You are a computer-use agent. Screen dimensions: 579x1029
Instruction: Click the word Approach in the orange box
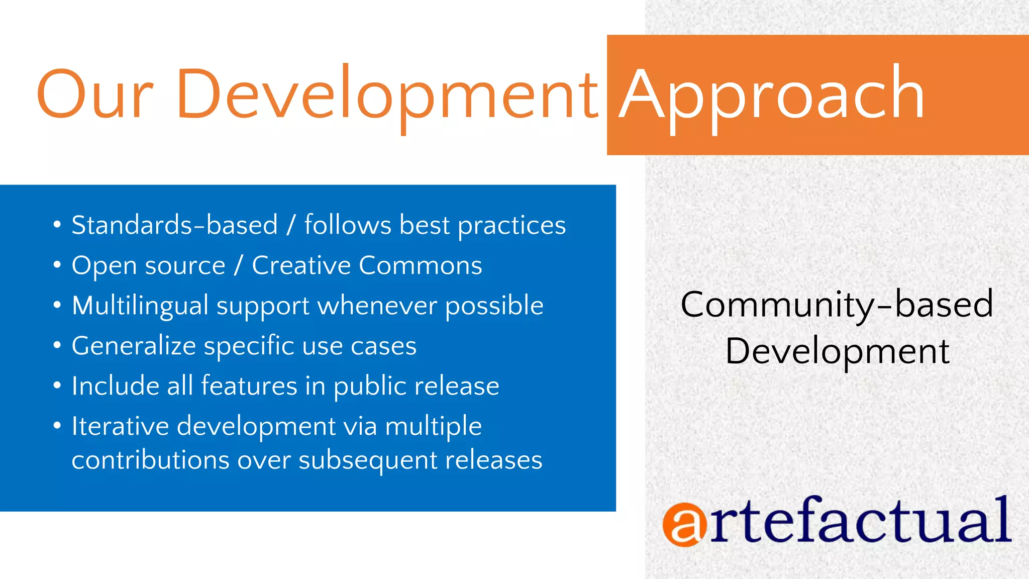(x=771, y=94)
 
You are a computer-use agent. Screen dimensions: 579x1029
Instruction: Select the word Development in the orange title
(x=387, y=94)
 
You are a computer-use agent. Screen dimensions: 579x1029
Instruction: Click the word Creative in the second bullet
(x=301, y=265)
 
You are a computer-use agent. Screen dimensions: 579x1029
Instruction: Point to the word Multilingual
(x=140, y=306)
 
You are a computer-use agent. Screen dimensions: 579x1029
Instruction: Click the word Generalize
(x=134, y=346)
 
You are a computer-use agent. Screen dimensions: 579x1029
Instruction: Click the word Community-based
(x=837, y=305)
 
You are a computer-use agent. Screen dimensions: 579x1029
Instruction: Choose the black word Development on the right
(x=837, y=351)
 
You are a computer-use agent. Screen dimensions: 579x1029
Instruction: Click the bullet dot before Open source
(x=57, y=264)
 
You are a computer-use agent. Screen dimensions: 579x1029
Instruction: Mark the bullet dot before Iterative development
(x=57, y=425)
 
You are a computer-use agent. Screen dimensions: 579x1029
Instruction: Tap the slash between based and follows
(x=291, y=225)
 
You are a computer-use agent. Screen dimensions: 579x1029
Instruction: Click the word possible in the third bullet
(x=494, y=306)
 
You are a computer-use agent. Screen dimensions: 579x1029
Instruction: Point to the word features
(x=249, y=386)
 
